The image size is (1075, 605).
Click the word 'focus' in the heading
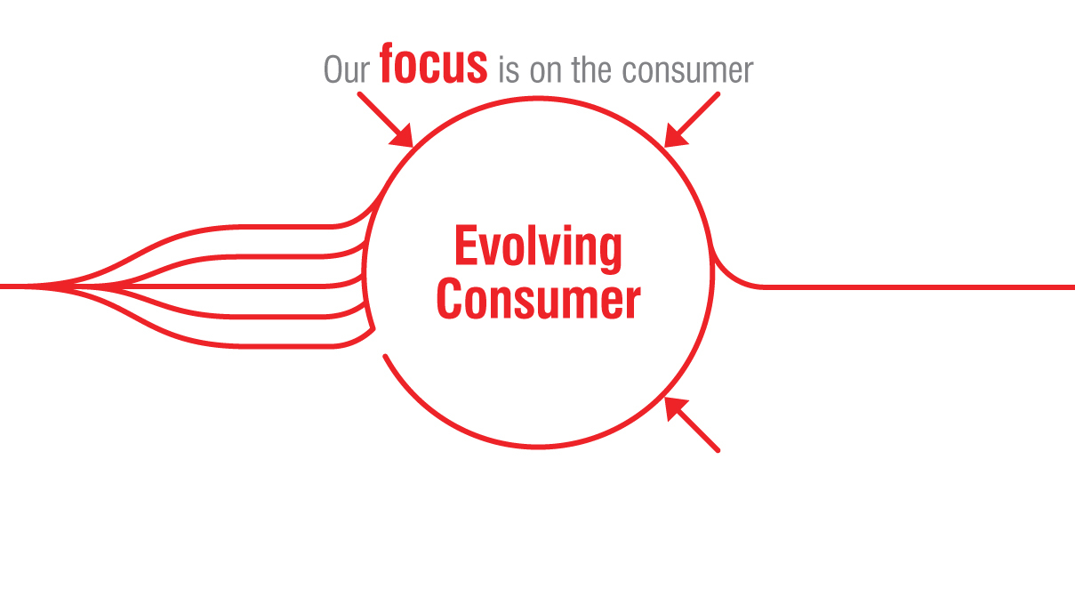point(433,64)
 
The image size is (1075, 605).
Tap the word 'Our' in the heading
point(347,69)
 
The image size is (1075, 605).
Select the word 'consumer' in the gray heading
point(687,71)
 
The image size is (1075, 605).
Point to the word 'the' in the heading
point(591,70)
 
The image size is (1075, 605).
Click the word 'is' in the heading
point(509,70)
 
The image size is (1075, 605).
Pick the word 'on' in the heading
point(545,71)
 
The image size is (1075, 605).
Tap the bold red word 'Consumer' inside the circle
point(538,299)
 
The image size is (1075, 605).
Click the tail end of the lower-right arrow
point(718,450)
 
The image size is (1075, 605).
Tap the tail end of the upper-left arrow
point(360,94)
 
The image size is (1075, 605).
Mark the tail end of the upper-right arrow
point(718,94)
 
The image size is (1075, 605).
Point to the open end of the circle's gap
point(385,356)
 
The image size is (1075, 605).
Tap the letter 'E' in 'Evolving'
point(464,245)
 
